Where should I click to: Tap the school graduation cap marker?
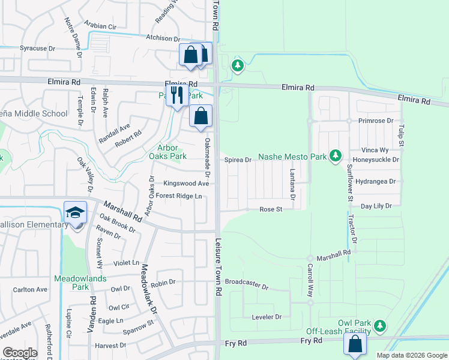point(76,212)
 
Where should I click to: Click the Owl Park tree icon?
point(379,326)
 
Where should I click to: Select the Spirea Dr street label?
point(238,160)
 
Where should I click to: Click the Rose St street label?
point(271,209)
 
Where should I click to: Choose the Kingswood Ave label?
point(186,184)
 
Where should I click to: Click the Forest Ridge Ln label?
point(179,196)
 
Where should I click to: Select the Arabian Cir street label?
point(100,26)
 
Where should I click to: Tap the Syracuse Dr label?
point(37,48)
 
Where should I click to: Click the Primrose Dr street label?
point(376,121)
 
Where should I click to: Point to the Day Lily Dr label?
point(376,206)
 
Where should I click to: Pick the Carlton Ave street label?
point(30,289)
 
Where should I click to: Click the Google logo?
point(20,353)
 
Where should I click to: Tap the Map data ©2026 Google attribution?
point(411,355)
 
